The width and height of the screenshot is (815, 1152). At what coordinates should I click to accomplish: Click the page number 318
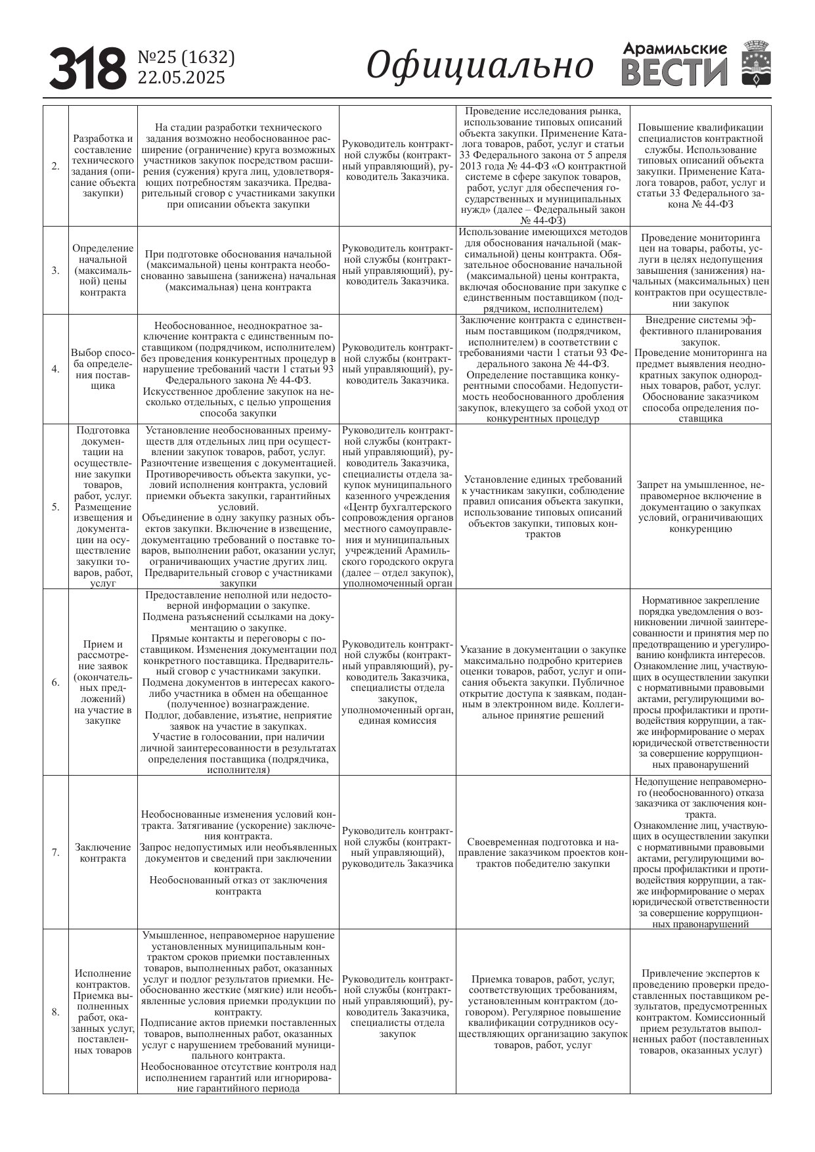click(87, 68)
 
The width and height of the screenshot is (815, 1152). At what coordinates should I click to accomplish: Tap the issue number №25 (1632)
click(186, 58)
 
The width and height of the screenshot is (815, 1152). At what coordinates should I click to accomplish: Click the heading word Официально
click(479, 66)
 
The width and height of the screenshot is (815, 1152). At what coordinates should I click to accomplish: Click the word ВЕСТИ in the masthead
click(675, 72)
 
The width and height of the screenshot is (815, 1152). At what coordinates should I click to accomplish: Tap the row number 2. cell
click(56, 166)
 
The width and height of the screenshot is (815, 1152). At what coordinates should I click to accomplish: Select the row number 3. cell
click(56, 270)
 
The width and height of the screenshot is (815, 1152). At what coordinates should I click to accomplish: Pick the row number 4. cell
click(56, 369)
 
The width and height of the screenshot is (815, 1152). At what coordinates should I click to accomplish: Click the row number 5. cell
click(56, 506)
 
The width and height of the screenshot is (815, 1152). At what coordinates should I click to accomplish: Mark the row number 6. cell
click(56, 682)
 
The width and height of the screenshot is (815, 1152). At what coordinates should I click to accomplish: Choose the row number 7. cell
click(56, 853)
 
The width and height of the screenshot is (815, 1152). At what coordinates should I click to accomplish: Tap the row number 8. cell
click(56, 1011)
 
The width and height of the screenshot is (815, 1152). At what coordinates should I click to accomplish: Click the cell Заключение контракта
click(102, 853)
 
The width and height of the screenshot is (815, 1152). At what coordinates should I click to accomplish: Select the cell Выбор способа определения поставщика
click(102, 369)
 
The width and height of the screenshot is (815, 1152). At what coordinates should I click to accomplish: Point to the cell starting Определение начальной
click(102, 270)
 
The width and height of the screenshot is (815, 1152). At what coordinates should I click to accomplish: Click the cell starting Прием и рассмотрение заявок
click(102, 682)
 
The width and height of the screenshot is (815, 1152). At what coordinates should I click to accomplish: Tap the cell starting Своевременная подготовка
click(542, 853)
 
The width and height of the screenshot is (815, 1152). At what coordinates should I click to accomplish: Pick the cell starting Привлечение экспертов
click(700, 1011)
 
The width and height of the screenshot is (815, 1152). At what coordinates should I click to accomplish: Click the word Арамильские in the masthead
click(675, 49)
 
